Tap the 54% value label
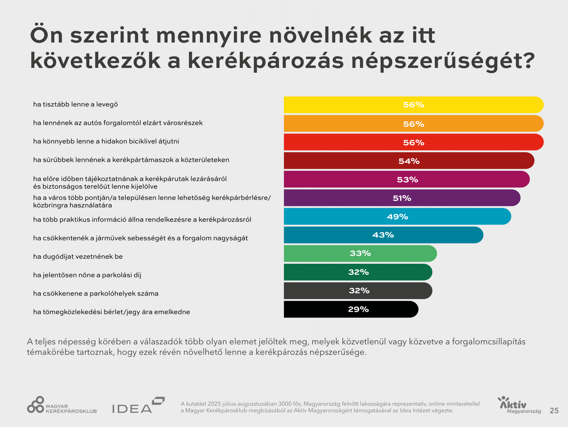(409, 161)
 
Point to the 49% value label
(397, 216)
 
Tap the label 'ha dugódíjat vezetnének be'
(78, 257)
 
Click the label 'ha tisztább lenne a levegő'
(76, 104)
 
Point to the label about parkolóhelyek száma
(96, 293)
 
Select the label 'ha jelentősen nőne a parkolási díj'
(87, 275)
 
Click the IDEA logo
(138, 405)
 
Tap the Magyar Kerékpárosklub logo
(62, 405)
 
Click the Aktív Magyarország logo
(519, 405)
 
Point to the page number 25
(554, 411)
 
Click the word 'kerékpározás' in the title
(266, 61)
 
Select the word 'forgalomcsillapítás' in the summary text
(488, 342)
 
